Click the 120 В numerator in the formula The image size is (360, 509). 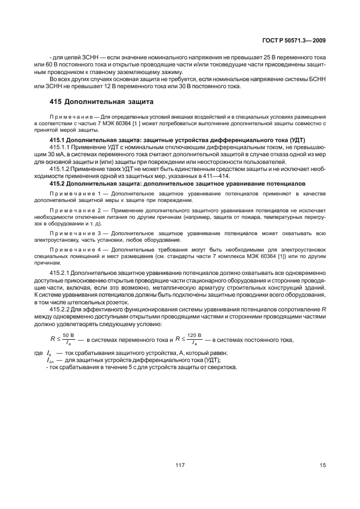[x=194, y=335]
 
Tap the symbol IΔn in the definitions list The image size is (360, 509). [x=51, y=361]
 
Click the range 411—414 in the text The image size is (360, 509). [x=216, y=176]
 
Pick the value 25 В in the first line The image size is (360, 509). [x=267, y=57]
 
